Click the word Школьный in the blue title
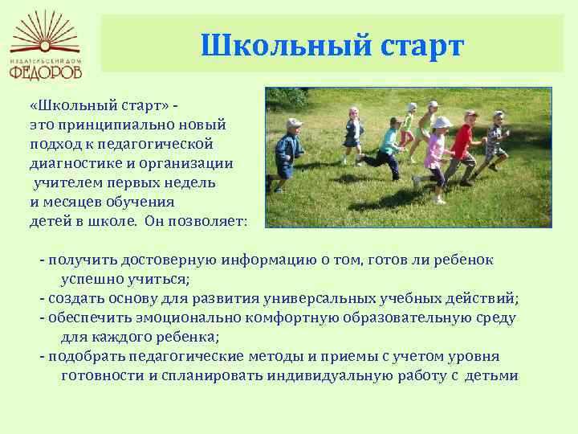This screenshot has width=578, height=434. click(x=286, y=45)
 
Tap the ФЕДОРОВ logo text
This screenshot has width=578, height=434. click(x=45, y=72)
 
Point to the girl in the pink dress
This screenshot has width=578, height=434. click(x=435, y=159)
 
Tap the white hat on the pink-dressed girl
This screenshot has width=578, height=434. click(x=442, y=122)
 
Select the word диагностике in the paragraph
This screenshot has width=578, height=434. click(x=76, y=163)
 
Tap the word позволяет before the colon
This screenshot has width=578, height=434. click(x=205, y=221)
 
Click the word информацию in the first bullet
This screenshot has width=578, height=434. click(x=269, y=260)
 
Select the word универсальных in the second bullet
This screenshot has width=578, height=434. click(x=320, y=298)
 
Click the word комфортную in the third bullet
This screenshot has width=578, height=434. click(x=291, y=318)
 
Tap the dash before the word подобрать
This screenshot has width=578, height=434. click(x=43, y=357)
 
